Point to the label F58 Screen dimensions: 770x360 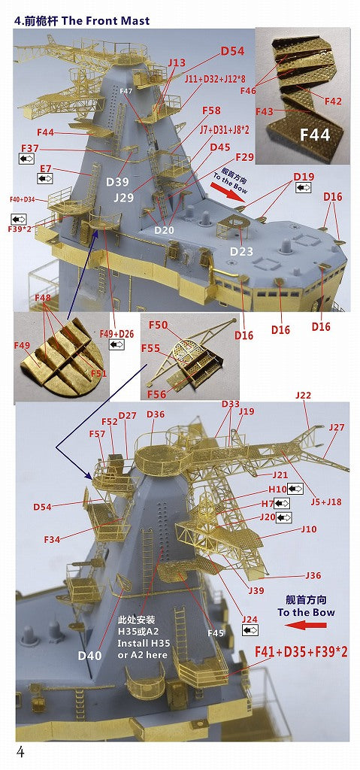pos(212,111)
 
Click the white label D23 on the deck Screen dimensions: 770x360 pos(241,251)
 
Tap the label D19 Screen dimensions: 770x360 pos(304,177)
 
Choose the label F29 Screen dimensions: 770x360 pos(245,157)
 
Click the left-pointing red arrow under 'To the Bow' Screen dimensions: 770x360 pos(304,624)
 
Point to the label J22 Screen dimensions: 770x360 pos(303,395)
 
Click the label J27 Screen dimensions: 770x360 pos(336,427)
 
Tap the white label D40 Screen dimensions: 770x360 pos(89,655)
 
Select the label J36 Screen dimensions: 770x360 pos(313,575)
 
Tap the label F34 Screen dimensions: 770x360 pos(52,540)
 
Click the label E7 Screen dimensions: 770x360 pos(45,168)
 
